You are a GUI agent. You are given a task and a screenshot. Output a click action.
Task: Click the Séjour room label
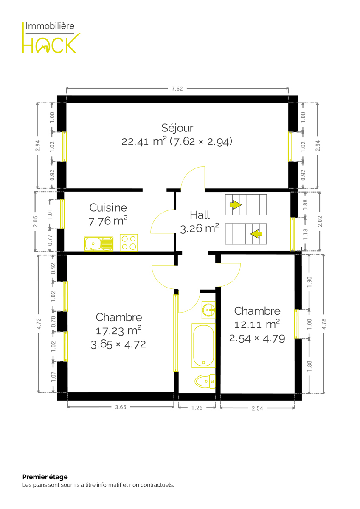click(x=177, y=128)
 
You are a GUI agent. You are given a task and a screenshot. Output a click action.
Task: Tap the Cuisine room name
click(x=108, y=207)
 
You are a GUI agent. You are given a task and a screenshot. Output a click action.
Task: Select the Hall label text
click(x=200, y=215)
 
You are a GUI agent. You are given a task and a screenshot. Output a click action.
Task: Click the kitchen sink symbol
click(x=98, y=244)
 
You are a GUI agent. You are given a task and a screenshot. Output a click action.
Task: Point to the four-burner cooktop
click(x=129, y=243)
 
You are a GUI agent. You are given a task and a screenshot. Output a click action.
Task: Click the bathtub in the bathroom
click(x=203, y=345)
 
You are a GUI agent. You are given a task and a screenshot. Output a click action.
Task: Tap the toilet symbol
click(x=205, y=381)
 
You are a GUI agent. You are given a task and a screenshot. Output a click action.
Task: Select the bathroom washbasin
click(x=208, y=310)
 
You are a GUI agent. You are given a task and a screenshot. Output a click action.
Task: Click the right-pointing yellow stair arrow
click(x=235, y=204)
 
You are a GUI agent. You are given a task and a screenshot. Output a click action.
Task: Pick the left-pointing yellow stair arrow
click(x=256, y=234)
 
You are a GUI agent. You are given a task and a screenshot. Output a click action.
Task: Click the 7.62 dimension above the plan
click(x=177, y=89)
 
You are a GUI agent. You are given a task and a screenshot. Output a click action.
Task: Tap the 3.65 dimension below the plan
click(x=121, y=407)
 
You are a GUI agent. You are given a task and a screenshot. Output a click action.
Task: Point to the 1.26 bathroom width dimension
click(x=197, y=408)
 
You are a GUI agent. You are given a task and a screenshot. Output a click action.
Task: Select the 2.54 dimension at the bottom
click(x=257, y=408)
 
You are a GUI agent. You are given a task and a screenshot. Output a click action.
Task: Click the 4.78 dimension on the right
click(x=324, y=324)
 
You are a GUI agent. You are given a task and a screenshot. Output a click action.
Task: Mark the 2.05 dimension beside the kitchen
click(x=35, y=221)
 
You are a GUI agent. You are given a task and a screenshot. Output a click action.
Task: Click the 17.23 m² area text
click(x=118, y=330)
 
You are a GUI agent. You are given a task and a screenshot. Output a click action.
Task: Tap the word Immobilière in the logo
click(x=50, y=26)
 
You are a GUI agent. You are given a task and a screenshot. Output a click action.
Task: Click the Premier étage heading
click(x=45, y=477)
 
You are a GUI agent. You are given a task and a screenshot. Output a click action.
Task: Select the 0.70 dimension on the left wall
click(x=53, y=322)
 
